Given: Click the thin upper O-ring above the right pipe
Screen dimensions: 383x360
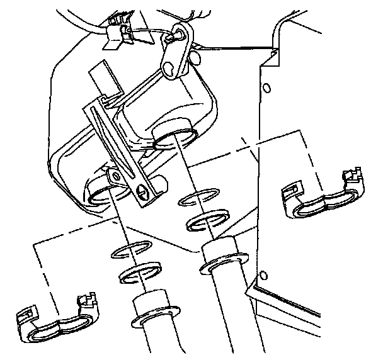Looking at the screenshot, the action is tap(202, 200).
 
